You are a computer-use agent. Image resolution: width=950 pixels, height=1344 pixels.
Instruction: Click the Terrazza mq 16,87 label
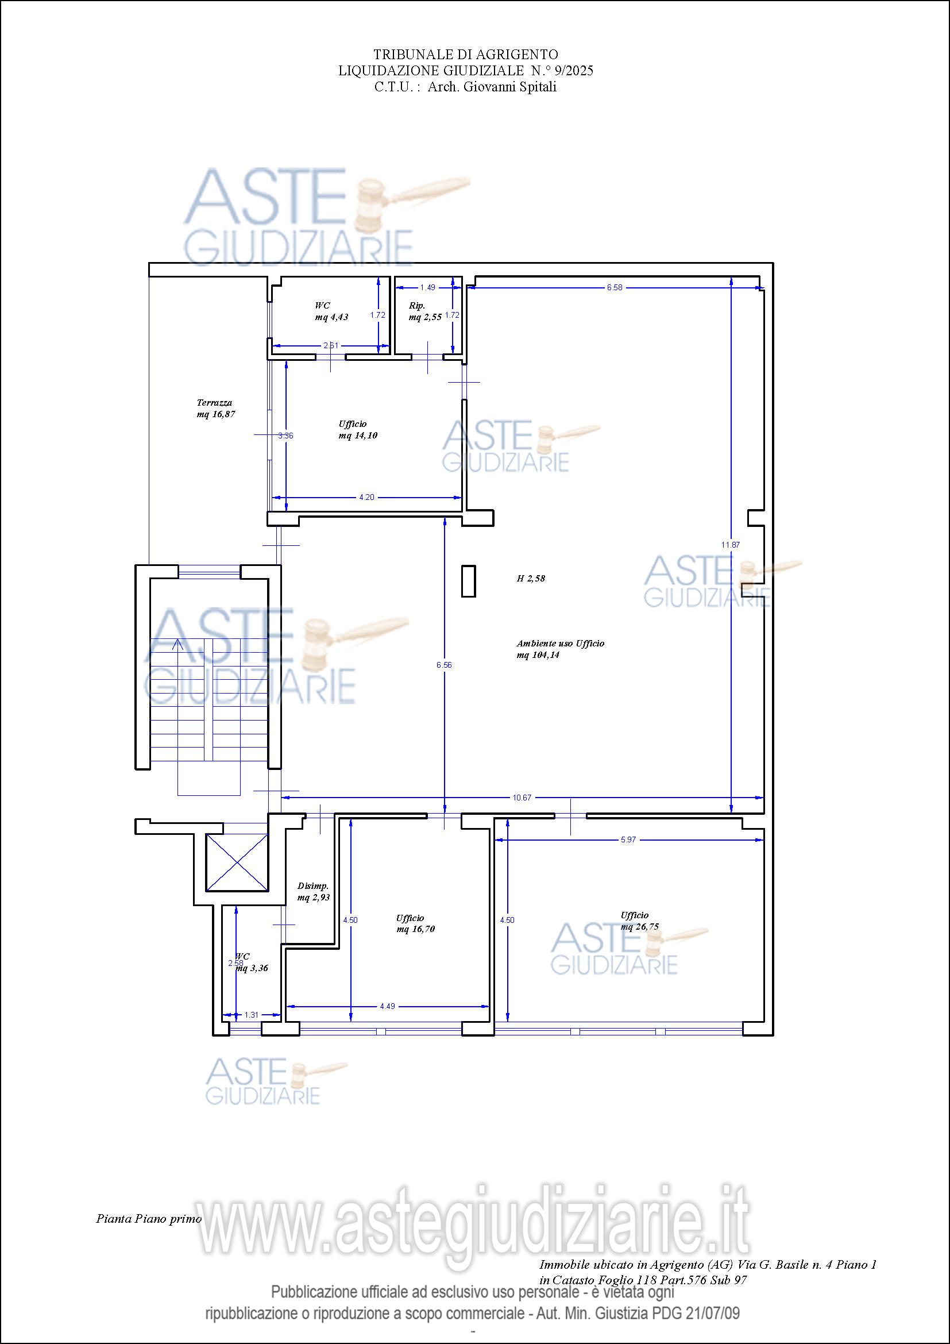[x=216, y=408]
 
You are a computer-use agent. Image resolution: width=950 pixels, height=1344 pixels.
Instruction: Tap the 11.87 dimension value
[x=731, y=544]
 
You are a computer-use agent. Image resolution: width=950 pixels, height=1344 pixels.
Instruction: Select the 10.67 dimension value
[x=522, y=798]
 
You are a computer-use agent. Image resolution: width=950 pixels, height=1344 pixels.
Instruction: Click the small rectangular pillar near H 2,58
[x=468, y=581]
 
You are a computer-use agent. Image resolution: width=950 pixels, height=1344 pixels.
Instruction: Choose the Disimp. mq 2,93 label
[x=314, y=892]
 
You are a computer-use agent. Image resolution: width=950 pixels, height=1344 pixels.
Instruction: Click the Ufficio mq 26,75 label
[x=640, y=921]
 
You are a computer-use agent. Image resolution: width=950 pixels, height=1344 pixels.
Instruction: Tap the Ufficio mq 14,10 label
[x=358, y=430]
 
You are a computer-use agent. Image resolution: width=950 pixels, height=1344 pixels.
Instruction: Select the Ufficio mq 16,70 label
[x=416, y=923]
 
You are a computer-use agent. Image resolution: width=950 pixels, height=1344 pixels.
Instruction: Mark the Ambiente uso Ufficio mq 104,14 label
[x=561, y=649]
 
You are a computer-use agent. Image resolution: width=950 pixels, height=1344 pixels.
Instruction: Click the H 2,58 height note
[x=531, y=579]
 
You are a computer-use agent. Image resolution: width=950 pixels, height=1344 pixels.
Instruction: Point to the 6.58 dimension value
[x=615, y=287]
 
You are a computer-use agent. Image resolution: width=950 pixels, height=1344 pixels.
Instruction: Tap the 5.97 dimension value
[x=628, y=839]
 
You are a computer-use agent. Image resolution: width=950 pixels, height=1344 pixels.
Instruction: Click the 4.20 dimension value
[x=367, y=497]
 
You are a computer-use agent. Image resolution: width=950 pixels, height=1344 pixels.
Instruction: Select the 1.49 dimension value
[x=428, y=287]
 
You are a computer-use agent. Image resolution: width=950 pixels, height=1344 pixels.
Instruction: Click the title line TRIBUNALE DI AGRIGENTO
[x=466, y=55]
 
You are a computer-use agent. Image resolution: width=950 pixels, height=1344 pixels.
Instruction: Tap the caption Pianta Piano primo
[x=149, y=1219]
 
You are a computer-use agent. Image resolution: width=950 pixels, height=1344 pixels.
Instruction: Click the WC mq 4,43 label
[x=331, y=311]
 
